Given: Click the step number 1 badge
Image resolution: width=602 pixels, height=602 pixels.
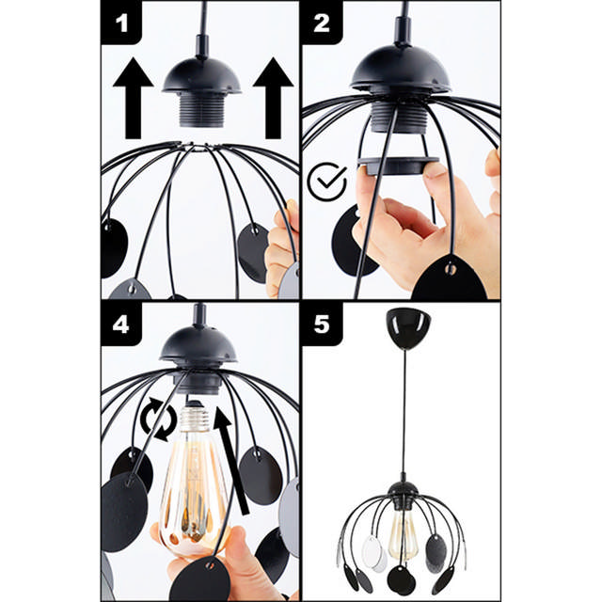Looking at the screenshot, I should click(120, 23).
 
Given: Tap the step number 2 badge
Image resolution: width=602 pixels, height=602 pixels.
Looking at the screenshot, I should click(322, 23).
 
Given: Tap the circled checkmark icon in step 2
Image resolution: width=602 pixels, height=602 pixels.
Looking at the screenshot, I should click(326, 182).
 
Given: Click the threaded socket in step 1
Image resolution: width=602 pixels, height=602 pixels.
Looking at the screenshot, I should click(200, 112).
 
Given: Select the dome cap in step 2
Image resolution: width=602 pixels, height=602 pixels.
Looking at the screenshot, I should click(401, 69).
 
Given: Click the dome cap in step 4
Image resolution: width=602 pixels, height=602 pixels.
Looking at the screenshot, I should click(198, 346).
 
